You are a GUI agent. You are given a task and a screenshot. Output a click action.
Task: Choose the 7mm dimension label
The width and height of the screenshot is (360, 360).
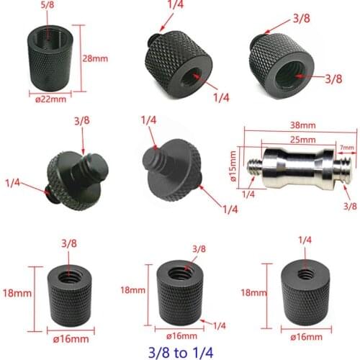point(347,148)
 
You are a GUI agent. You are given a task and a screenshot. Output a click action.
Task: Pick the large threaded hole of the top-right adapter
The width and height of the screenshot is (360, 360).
point(295,70)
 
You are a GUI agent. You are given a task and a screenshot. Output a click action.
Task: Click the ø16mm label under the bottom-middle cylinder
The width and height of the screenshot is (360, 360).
point(182,334)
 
